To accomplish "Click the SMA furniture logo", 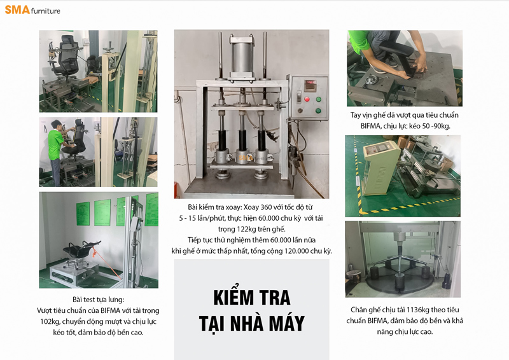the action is click(32, 10).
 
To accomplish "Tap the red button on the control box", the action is click(307, 99).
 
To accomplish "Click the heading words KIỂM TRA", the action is click(251, 297).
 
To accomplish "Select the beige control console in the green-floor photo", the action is click(380, 168).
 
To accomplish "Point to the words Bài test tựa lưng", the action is click(99, 300).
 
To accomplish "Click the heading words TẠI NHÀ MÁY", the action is click(251, 322).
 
